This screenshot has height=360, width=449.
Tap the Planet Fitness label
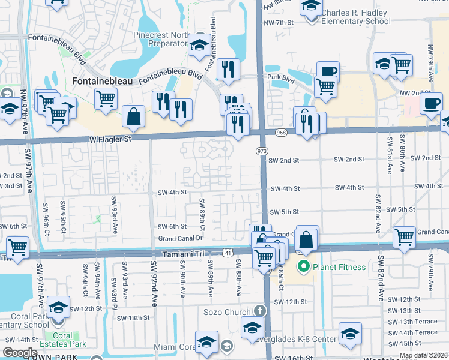click(337, 266)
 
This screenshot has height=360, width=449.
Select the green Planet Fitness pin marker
click(304, 266)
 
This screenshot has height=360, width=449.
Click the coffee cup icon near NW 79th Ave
click(431, 103)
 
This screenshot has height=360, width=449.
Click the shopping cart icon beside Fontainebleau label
click(106, 98)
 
